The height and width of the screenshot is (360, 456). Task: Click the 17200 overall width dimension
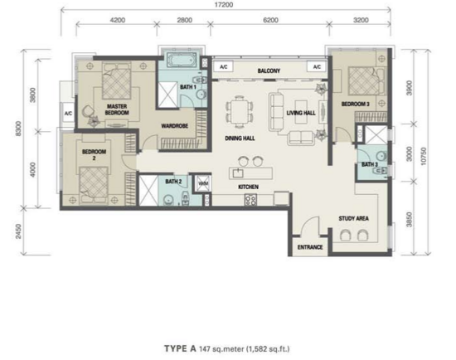coord(224,5)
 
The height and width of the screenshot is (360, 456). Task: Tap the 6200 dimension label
coord(270,20)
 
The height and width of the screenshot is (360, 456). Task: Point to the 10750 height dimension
coord(423,156)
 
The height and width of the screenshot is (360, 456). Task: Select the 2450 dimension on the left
coord(18,231)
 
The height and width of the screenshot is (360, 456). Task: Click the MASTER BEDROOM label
coord(117,109)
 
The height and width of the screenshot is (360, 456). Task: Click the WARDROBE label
coord(174,126)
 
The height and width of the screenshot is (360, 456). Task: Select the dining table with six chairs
coord(240,111)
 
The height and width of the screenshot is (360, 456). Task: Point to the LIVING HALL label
coord(301,113)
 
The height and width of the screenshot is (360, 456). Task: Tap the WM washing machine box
coord(202,183)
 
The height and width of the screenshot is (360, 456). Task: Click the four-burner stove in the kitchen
coord(250,200)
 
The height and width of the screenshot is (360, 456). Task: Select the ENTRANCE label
coord(310,247)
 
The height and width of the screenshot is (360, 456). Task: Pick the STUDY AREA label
coord(354,218)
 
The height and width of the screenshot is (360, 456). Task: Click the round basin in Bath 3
coord(381,156)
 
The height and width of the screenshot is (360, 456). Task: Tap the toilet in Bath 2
coord(185,198)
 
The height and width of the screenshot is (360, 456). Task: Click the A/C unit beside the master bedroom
coord(68,113)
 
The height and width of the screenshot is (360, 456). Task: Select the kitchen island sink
coord(238,173)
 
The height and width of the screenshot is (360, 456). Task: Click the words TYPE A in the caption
coord(180,348)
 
